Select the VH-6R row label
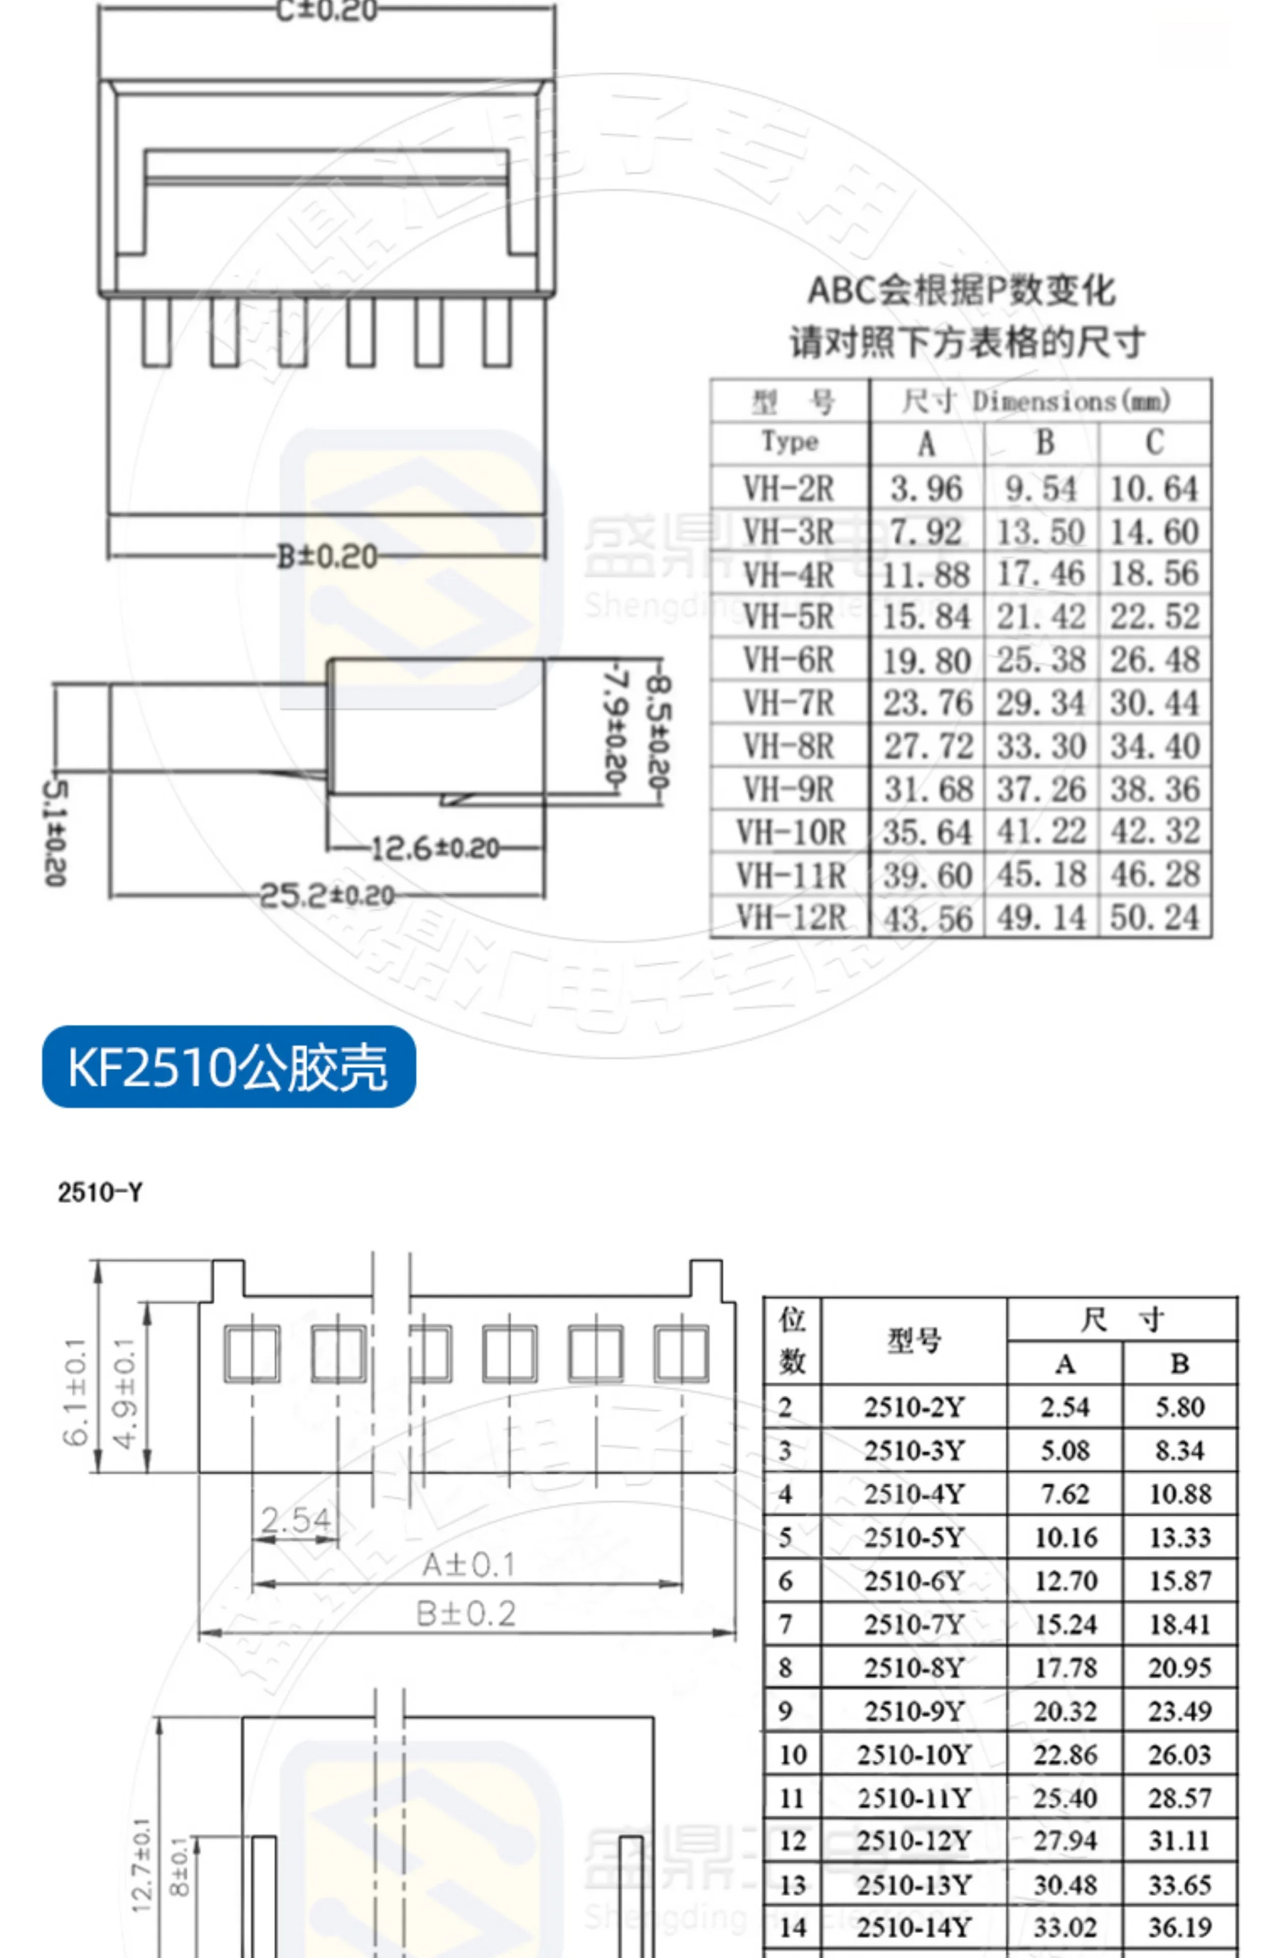(788, 660)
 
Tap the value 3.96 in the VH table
(926, 489)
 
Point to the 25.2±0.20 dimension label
(327, 895)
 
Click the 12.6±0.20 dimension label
(435, 848)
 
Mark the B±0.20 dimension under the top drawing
(327, 557)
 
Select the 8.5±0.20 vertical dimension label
(659, 731)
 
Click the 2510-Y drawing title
(100, 1192)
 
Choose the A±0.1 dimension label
(468, 1565)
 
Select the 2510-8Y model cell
(913, 1667)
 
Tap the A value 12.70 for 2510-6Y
(1065, 1580)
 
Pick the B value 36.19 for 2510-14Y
(1179, 1927)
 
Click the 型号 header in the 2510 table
(913, 1341)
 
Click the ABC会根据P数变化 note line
(961, 291)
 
